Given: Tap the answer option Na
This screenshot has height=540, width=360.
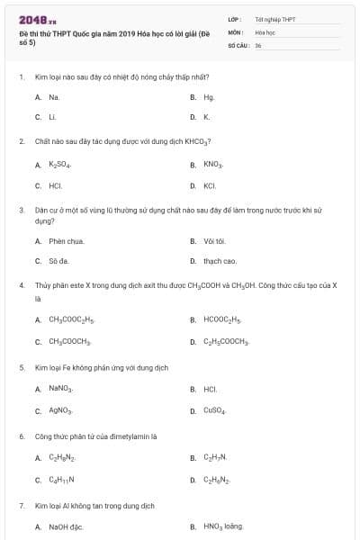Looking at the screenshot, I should pyautogui.click(x=54, y=96).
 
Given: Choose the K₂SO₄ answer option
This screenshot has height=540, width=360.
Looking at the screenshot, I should pyautogui.click(x=59, y=165).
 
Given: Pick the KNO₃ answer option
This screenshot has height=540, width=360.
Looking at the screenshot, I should pyautogui.click(x=212, y=165).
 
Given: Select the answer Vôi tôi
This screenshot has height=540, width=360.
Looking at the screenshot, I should pyautogui.click(x=214, y=240).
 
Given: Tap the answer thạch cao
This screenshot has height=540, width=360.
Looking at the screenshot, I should pyautogui.click(x=220, y=261).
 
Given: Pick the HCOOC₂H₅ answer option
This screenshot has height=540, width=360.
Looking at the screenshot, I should pyautogui.click(x=223, y=319).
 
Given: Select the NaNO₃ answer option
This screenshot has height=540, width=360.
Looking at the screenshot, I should pyautogui.click(x=60, y=388).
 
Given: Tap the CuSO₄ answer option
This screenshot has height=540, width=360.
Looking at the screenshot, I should pyautogui.click(x=215, y=410).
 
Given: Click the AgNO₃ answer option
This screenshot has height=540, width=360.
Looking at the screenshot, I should pyautogui.click(x=60, y=410).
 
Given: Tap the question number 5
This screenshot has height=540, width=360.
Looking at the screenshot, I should pyautogui.click(x=22, y=367).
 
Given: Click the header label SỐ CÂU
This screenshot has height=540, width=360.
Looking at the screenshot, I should pyautogui.click(x=238, y=44).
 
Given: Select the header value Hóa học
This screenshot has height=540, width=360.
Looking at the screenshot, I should pyautogui.click(x=265, y=31).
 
